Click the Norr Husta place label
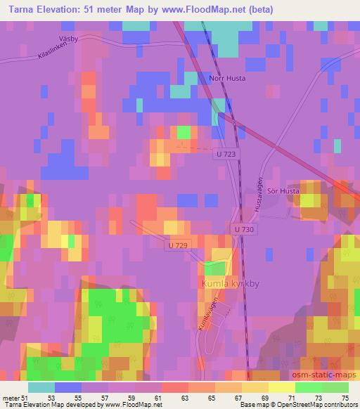tap(227, 78)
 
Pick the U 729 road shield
tap(179, 245)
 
